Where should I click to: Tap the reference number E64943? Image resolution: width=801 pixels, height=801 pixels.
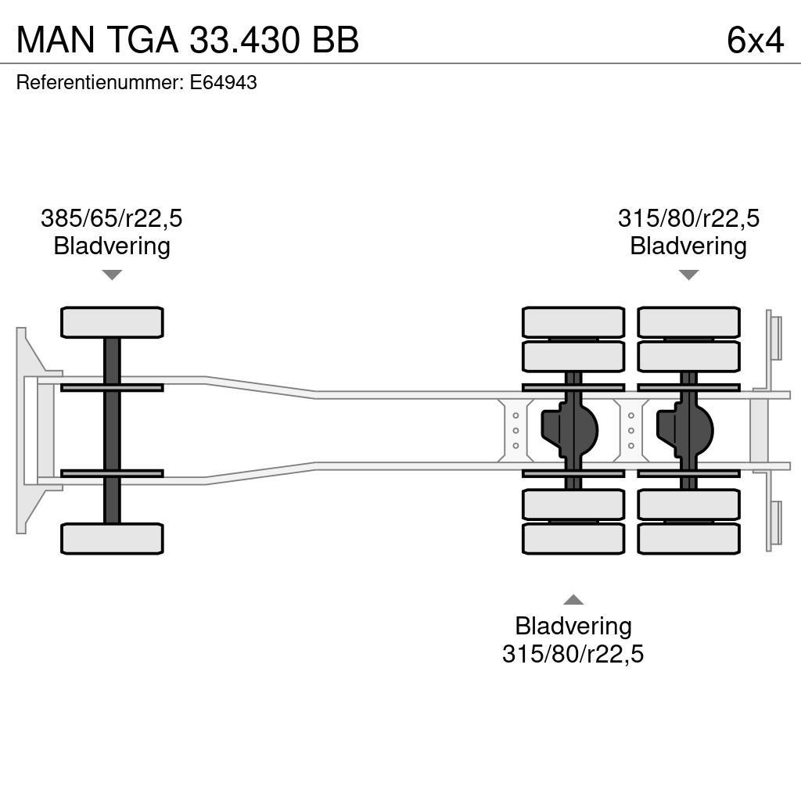tap(223, 83)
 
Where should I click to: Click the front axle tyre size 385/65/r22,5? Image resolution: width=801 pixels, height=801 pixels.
tap(111, 218)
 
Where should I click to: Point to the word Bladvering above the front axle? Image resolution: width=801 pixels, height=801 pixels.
tap(111, 246)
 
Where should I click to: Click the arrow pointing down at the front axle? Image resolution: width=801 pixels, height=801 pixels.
tap(112, 275)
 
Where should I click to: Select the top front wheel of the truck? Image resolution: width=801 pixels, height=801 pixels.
tap(112, 322)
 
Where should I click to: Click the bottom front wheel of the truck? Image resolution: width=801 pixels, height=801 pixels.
tap(112, 539)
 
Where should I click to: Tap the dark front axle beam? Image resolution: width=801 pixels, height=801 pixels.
tap(112, 430)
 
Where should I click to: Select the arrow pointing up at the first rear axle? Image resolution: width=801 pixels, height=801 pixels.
tap(573, 600)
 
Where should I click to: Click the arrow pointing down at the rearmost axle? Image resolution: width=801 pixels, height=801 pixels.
tap(688, 275)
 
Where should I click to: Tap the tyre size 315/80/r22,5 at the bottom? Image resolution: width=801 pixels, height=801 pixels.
tap(573, 654)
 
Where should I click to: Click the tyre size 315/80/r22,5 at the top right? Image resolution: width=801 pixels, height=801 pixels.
tap(688, 218)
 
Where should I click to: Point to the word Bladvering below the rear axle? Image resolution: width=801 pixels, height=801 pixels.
tap(573, 626)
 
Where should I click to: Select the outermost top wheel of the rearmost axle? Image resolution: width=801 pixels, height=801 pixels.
tap(688, 322)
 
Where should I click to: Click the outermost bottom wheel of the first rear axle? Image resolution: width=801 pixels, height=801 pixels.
tap(573, 539)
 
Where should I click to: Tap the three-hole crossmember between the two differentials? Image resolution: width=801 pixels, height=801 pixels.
tap(631, 430)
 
